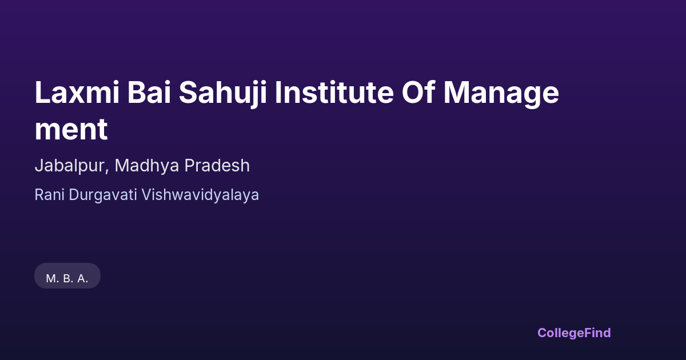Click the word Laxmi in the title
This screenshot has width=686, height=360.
(x=77, y=93)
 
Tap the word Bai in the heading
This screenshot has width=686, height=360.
(x=149, y=93)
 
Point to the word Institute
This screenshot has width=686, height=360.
(x=334, y=93)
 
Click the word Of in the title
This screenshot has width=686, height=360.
(x=418, y=92)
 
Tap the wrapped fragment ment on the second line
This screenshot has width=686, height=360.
(x=71, y=130)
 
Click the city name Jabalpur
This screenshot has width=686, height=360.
(x=70, y=166)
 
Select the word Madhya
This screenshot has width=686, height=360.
(x=147, y=165)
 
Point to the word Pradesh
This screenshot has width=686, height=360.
(x=217, y=165)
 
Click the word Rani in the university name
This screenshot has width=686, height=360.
(x=49, y=195)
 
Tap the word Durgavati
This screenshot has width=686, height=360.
(x=102, y=195)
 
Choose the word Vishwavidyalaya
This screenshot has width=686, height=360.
(x=200, y=195)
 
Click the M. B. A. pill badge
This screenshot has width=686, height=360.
(x=67, y=276)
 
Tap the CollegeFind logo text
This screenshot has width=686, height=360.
(x=574, y=333)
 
